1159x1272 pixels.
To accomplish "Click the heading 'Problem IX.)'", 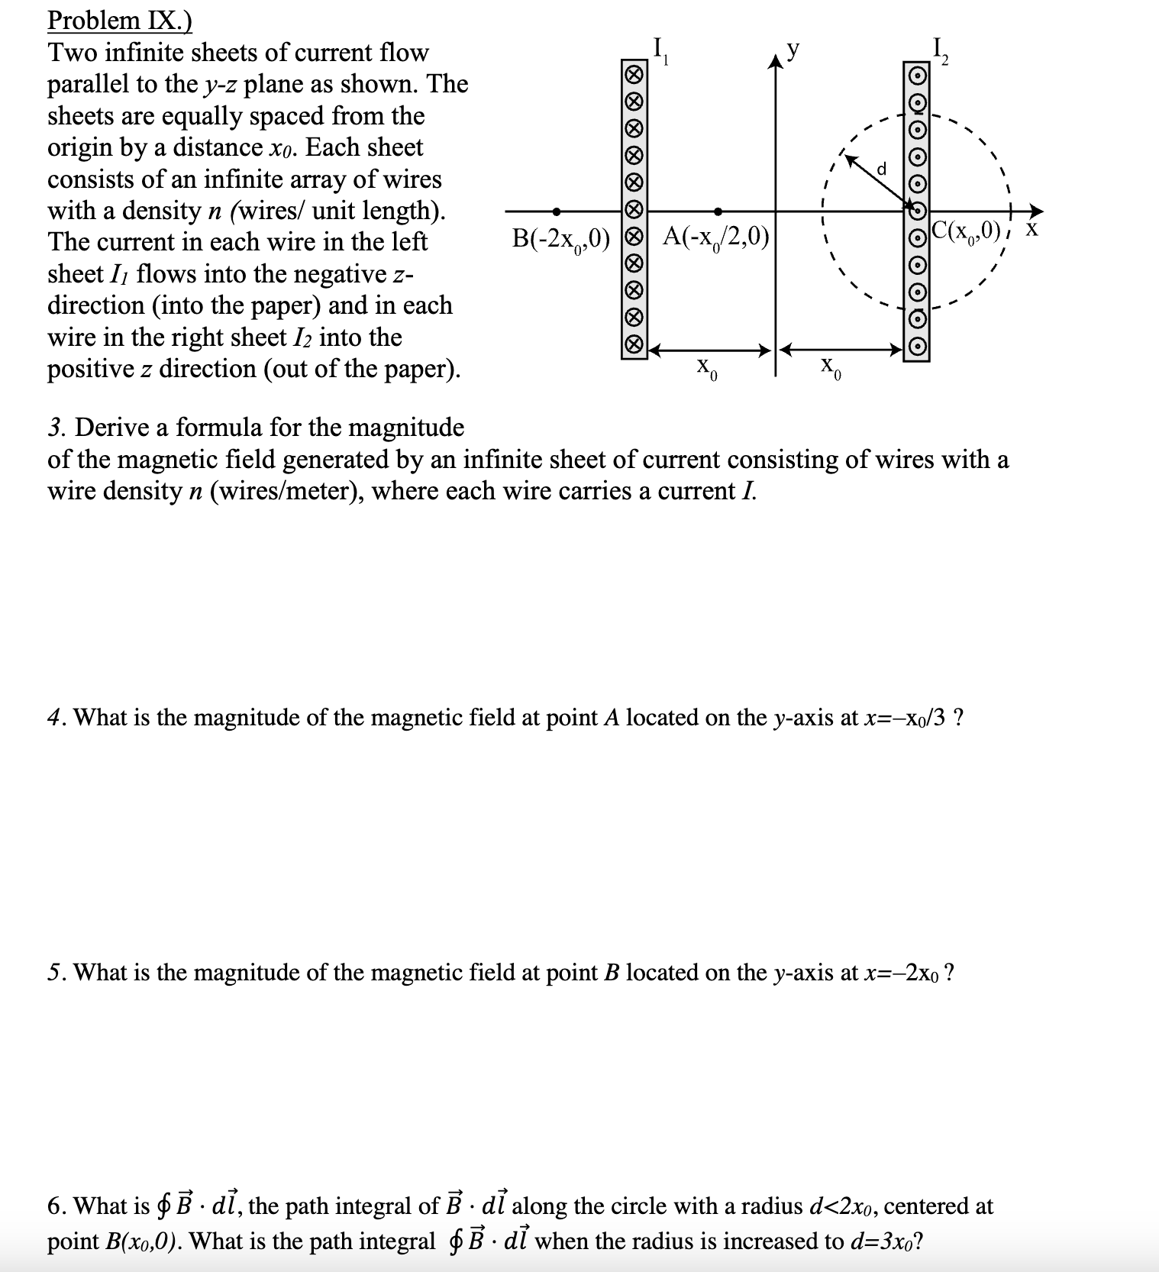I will pyautogui.click(x=119, y=21).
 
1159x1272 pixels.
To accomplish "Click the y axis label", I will pyautogui.click(x=794, y=50).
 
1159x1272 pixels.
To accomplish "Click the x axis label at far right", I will pyautogui.click(x=1031, y=229).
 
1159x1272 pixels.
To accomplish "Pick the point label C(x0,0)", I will pyautogui.click(x=966, y=230).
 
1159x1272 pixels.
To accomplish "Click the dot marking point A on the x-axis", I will pyautogui.click(x=718, y=211).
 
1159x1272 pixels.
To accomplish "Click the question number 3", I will pyautogui.click(x=54, y=428).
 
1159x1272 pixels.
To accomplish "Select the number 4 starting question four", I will pyautogui.click(x=54, y=718).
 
